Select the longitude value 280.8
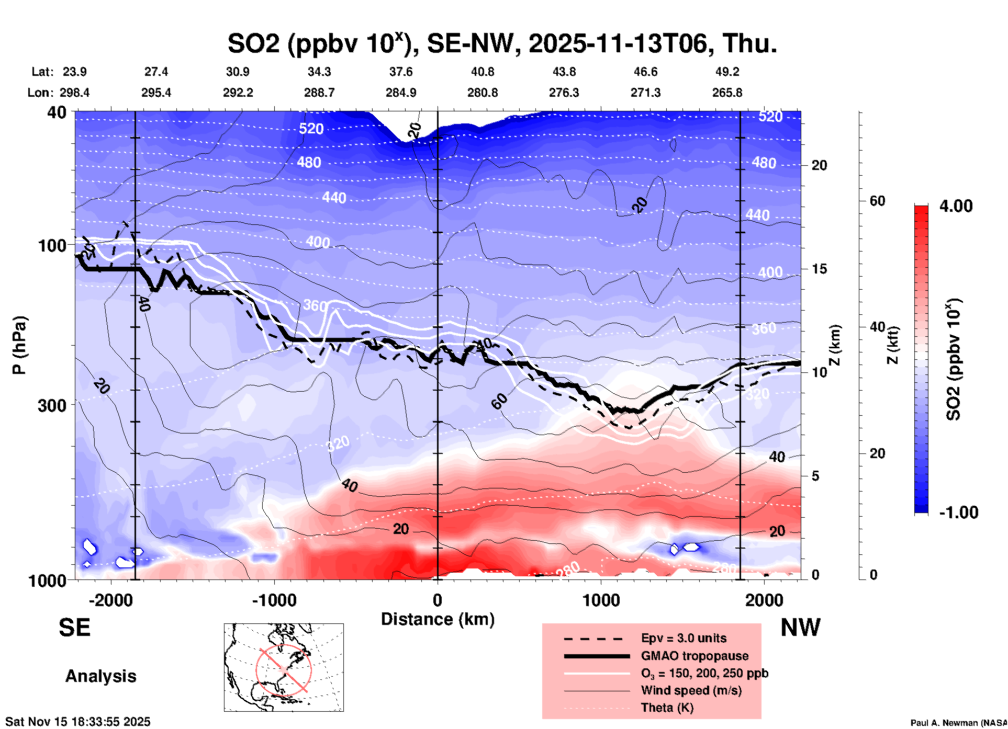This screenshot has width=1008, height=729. (x=482, y=93)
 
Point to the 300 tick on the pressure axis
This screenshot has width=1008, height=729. (x=52, y=405)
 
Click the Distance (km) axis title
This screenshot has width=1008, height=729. (x=438, y=619)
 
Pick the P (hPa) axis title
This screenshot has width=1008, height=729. (x=19, y=345)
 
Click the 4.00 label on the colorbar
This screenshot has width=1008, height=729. (x=956, y=206)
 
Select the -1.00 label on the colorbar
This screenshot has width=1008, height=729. (x=958, y=512)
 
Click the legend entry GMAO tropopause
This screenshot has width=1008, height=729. (x=695, y=656)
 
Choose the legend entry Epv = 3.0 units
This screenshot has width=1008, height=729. (x=684, y=638)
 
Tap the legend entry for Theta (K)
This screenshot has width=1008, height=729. (x=667, y=708)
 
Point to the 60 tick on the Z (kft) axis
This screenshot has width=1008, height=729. (x=877, y=201)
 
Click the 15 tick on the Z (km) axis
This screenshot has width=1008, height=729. (x=819, y=269)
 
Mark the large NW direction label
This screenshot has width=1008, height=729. (x=800, y=628)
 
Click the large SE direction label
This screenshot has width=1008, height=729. (x=74, y=628)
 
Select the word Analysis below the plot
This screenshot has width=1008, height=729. (x=100, y=676)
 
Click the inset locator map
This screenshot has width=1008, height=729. (x=284, y=667)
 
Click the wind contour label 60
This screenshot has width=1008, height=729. (x=499, y=401)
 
